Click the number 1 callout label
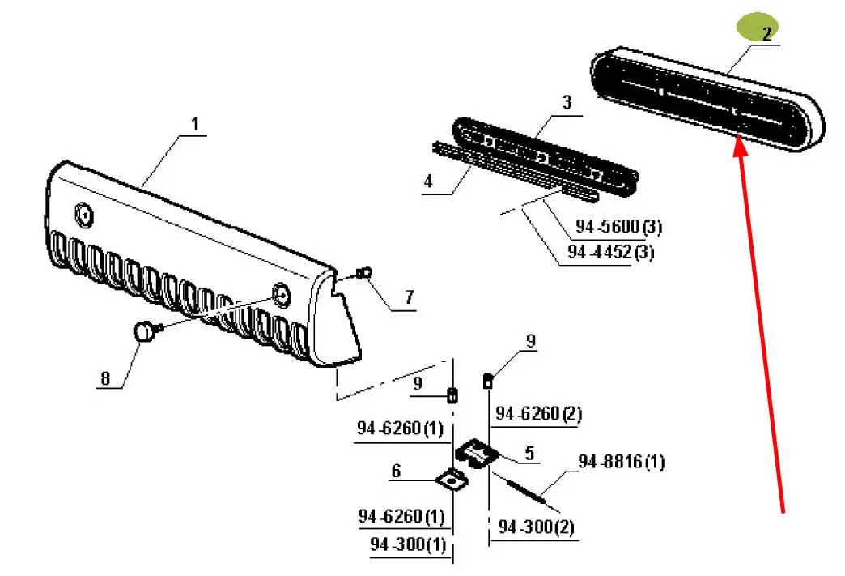pyautogui.click(x=194, y=124)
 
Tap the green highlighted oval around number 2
pyautogui.click(x=756, y=30)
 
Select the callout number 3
pyautogui.click(x=567, y=102)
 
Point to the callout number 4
pyautogui.click(x=428, y=181)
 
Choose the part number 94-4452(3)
pyautogui.click(x=611, y=252)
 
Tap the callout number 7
pyautogui.click(x=410, y=298)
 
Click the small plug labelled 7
pyautogui.click(x=364, y=271)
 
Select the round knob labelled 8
pyautogui.click(x=146, y=331)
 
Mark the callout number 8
pyautogui.click(x=104, y=378)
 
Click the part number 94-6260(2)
pyautogui.click(x=538, y=414)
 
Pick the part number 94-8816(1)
pyautogui.click(x=621, y=462)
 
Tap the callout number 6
pyautogui.click(x=396, y=471)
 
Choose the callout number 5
pyautogui.click(x=529, y=454)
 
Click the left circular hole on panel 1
pyautogui.click(x=83, y=214)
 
